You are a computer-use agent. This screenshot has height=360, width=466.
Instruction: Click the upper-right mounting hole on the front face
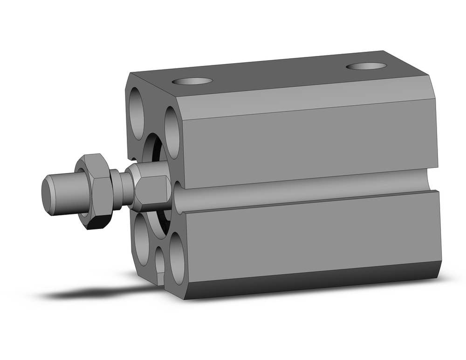171,132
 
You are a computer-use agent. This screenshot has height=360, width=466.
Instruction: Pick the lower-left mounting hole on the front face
141,238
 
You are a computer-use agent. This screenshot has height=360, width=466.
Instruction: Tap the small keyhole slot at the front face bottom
160,266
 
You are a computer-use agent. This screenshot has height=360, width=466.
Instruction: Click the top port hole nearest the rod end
192,82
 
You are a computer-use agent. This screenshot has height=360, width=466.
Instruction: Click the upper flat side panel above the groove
308,145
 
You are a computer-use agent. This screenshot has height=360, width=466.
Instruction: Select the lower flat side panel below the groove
308,233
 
